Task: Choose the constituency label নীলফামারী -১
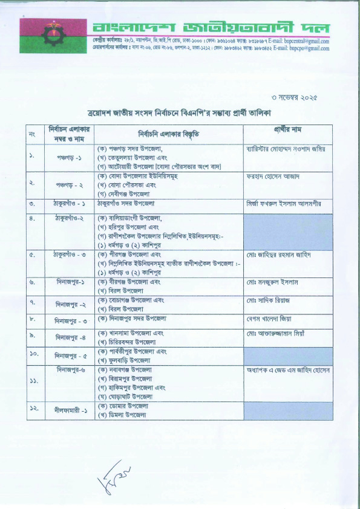pyautogui.click(x=66, y=409)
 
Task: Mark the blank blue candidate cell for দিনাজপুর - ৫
pyautogui.click(x=288, y=356)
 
